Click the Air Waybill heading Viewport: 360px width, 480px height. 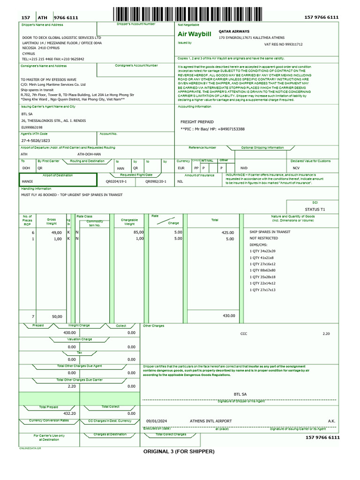click(195, 34)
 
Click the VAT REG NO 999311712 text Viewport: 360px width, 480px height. click(284, 44)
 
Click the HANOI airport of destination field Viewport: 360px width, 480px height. click(28, 180)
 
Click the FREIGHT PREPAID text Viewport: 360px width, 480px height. click(197, 122)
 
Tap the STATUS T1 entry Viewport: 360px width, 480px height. click(315, 209)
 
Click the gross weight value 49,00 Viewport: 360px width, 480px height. click(56, 232)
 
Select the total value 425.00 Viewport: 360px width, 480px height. click(228, 232)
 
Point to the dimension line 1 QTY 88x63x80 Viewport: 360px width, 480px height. click(269, 270)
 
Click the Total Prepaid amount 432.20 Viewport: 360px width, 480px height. click(69, 413)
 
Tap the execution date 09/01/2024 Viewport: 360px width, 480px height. click(157, 421)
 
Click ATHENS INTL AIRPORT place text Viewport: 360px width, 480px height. click(210, 421)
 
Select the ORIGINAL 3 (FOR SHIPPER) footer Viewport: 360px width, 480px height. click(179, 451)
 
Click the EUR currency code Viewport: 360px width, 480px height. click(181, 168)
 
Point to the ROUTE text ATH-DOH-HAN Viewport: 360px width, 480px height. click(89, 154)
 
